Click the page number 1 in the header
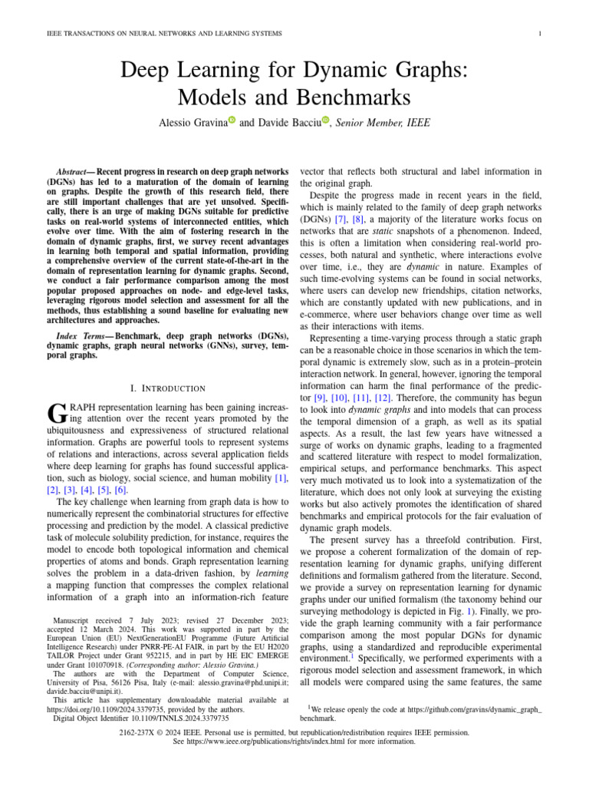(x=541, y=33)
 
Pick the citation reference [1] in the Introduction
(x=281, y=478)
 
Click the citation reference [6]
(x=121, y=490)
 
